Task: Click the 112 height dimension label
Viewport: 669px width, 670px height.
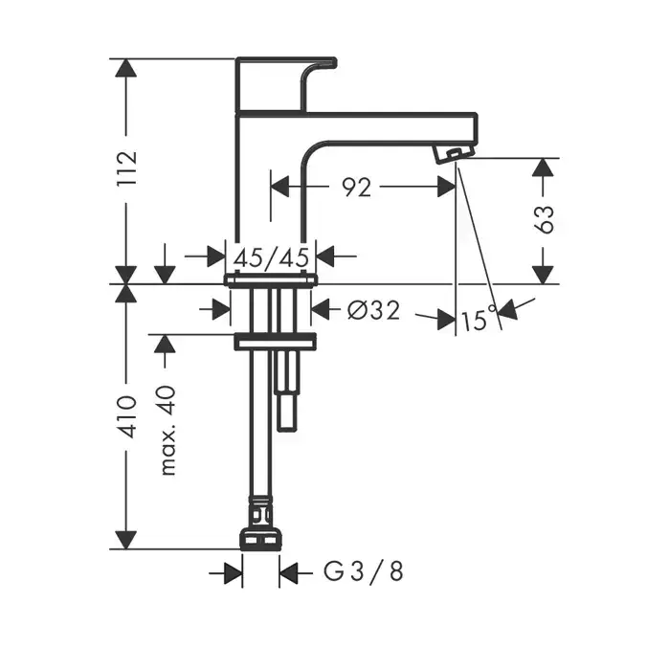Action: [127, 167]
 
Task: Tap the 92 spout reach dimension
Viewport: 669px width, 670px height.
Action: [357, 188]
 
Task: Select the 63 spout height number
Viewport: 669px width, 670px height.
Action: [544, 219]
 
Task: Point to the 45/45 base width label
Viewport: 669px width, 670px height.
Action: [271, 257]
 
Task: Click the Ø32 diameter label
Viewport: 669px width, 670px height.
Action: [374, 310]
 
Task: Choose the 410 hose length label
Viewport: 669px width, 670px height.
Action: [127, 416]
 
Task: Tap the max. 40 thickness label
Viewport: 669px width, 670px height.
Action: [167, 431]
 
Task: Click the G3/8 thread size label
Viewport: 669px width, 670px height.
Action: [363, 570]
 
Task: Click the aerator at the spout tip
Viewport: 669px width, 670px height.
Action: [453, 153]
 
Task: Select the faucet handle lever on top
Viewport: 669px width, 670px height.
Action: [286, 84]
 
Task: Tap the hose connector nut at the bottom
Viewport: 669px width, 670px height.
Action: [260, 539]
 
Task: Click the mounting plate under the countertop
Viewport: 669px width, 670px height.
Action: [275, 342]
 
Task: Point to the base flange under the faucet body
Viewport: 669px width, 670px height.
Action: [271, 279]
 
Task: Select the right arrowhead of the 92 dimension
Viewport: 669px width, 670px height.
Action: [447, 187]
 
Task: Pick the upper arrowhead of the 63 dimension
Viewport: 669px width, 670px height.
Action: [543, 167]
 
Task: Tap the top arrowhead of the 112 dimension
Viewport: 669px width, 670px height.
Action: [126, 67]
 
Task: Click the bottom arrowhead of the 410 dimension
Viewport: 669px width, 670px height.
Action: [126, 540]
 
